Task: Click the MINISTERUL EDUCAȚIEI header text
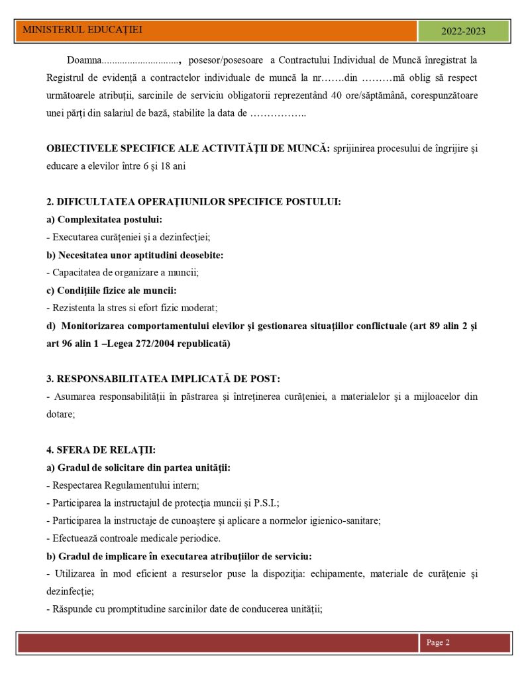[82, 30]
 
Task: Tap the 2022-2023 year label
[463, 31]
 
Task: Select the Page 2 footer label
[438, 642]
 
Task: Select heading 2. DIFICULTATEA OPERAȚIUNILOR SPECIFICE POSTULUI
[193, 201]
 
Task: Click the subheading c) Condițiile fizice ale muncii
[111, 290]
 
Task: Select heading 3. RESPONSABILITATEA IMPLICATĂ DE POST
[163, 379]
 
